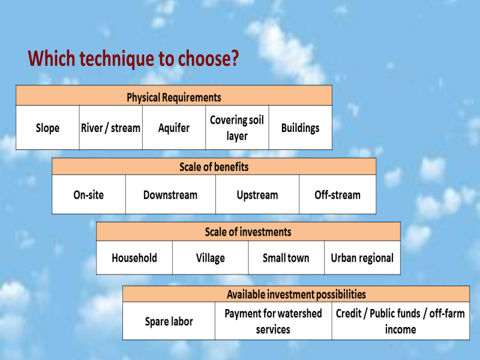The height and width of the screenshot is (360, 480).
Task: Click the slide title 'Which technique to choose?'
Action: coord(133,58)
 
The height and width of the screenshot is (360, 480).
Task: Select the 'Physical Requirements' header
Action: coord(174,95)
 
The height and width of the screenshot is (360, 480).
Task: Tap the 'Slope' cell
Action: coord(47,128)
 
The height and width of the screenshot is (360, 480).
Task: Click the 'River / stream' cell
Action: coord(111,128)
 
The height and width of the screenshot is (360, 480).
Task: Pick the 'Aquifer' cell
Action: coord(174,128)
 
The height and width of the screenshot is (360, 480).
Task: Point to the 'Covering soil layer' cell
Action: coord(237,128)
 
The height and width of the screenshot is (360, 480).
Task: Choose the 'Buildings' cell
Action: coord(301,128)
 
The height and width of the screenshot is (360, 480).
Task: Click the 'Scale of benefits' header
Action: coord(214,167)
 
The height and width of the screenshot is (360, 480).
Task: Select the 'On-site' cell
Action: coord(89,194)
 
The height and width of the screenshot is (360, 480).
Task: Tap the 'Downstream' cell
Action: coord(170,194)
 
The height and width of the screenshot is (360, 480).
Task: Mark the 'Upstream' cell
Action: coord(257,194)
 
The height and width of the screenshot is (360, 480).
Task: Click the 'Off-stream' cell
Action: coord(338,194)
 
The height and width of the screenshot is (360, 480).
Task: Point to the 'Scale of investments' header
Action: coord(248,232)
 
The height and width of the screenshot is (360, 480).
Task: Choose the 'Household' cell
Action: coord(134,258)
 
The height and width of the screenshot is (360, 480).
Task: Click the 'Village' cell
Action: coord(211,258)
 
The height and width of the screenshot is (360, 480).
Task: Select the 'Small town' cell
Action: coord(286,258)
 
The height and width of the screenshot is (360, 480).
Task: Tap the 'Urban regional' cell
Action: coord(362,258)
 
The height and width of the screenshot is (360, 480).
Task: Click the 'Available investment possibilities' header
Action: coord(296,294)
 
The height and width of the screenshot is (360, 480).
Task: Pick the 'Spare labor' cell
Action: coord(169,321)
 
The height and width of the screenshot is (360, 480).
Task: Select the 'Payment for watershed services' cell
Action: coord(274,321)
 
